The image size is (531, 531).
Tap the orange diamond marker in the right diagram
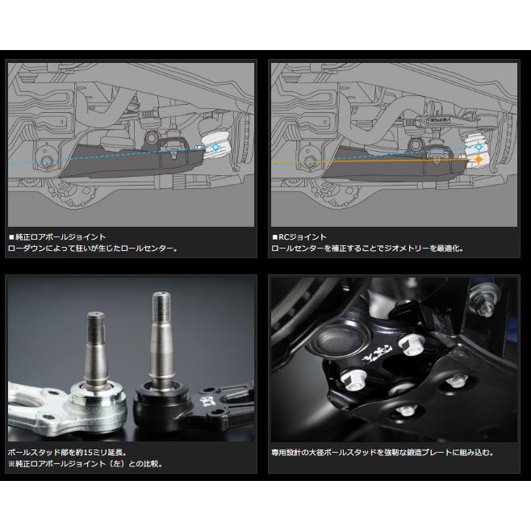click(x=479, y=161)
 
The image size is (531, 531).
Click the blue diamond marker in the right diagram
click(x=480, y=147)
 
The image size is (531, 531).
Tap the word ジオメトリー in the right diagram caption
click(x=423, y=248)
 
